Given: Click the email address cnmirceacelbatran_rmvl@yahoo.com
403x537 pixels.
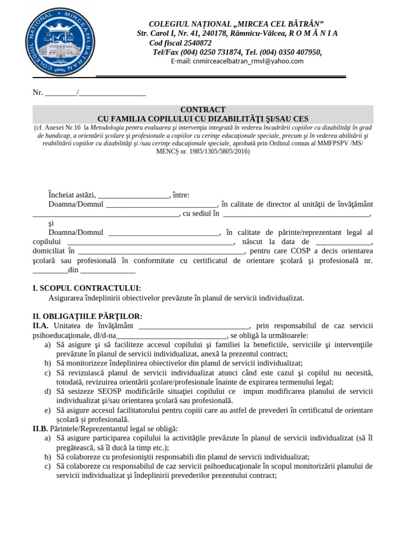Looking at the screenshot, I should click(237, 61).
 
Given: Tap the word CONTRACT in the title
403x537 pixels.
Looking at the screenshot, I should click(203, 110).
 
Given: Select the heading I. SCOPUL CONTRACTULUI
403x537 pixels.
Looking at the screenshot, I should click(87, 288).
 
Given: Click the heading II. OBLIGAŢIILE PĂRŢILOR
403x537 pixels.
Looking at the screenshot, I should click(87, 316).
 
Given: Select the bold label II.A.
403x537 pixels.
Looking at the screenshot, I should click(40, 326).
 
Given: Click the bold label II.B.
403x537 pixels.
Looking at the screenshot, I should click(40, 428).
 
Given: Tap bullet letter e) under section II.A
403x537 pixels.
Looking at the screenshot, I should click(48, 410).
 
